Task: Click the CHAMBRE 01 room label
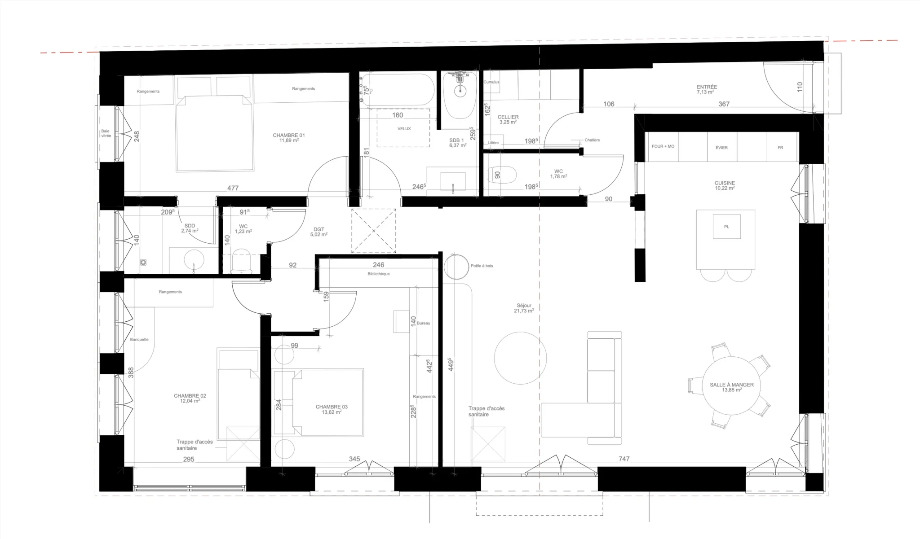[x=289, y=135]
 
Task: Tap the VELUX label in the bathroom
[x=404, y=129]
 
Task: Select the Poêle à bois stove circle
[x=456, y=267]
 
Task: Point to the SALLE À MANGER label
[x=732, y=385]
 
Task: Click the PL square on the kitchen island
[x=727, y=227]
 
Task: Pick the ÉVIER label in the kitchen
[x=721, y=148]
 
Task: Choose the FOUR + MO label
[x=663, y=146]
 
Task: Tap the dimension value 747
[x=624, y=459]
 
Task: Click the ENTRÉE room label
[x=707, y=87]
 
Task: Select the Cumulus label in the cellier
[x=491, y=82]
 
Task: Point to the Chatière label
[x=592, y=140]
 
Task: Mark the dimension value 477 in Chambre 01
[x=233, y=188]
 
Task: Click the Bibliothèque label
[x=379, y=274]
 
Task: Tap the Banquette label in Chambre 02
[x=139, y=340]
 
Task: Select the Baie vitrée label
[x=106, y=133]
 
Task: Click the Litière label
[x=493, y=143]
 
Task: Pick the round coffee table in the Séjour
[x=520, y=358]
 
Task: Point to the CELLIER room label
[x=508, y=117]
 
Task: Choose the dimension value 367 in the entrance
[x=724, y=104]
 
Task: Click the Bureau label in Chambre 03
[x=424, y=323]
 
